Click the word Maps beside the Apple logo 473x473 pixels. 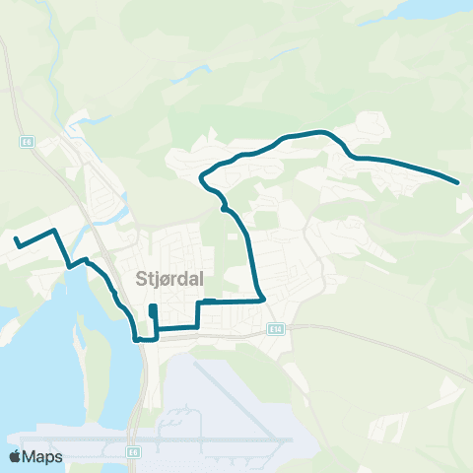tap(44, 456)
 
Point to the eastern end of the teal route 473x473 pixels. tap(458, 181)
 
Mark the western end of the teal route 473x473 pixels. tap(15, 239)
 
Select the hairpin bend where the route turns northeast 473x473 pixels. tap(202, 177)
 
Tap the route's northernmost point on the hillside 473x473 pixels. tap(317, 132)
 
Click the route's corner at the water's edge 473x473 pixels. tap(137, 338)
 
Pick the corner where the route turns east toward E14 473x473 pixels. tap(199, 303)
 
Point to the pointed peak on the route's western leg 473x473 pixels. tap(53, 230)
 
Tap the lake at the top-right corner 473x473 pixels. tap(414, 10)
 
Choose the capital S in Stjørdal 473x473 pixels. tap(140, 277)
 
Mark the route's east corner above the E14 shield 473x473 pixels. tap(262, 300)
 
